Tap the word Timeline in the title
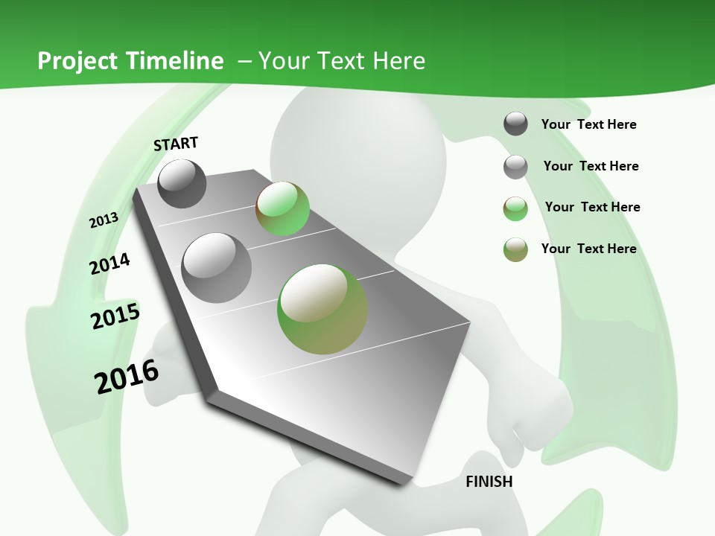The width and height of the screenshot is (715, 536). tap(176, 61)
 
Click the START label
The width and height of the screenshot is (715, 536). tap(176, 144)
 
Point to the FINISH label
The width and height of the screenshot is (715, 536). tap(489, 482)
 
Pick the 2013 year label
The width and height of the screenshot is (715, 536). tap(104, 220)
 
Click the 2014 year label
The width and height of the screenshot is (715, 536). tap(110, 264)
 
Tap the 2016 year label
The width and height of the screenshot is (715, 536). tap(127, 377)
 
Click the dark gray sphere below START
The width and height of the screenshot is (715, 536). tap(182, 183)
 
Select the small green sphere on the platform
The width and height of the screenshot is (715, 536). tap(282, 208)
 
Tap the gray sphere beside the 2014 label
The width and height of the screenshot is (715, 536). tap(217, 267)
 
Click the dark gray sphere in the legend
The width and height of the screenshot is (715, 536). tap(515, 124)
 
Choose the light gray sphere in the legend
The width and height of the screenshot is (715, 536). tap(515, 167)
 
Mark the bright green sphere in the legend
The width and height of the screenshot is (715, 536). tap(515, 208)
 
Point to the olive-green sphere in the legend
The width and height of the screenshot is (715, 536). tap(515, 249)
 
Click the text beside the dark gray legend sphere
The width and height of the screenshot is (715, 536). tap(588, 125)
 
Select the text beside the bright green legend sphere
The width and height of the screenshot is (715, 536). tap(592, 207)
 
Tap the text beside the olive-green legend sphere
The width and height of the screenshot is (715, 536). tap(588, 249)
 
